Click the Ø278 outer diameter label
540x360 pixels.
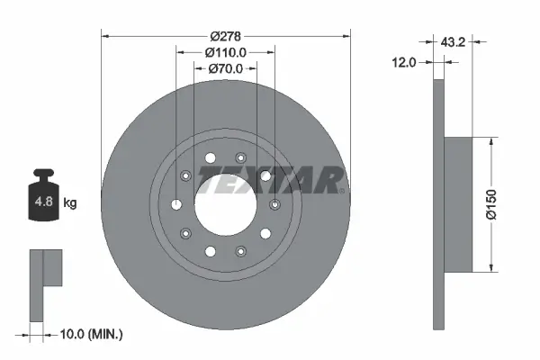click(x=224, y=35)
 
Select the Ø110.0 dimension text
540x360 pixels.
click(x=224, y=52)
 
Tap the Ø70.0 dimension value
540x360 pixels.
click(x=224, y=68)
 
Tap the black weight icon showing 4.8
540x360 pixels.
click(x=42, y=199)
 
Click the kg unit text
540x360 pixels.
click(x=70, y=203)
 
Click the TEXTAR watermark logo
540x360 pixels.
click(x=269, y=182)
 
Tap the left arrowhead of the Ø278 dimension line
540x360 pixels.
click(x=104, y=36)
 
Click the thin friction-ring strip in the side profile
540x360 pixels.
click(x=439, y=203)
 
